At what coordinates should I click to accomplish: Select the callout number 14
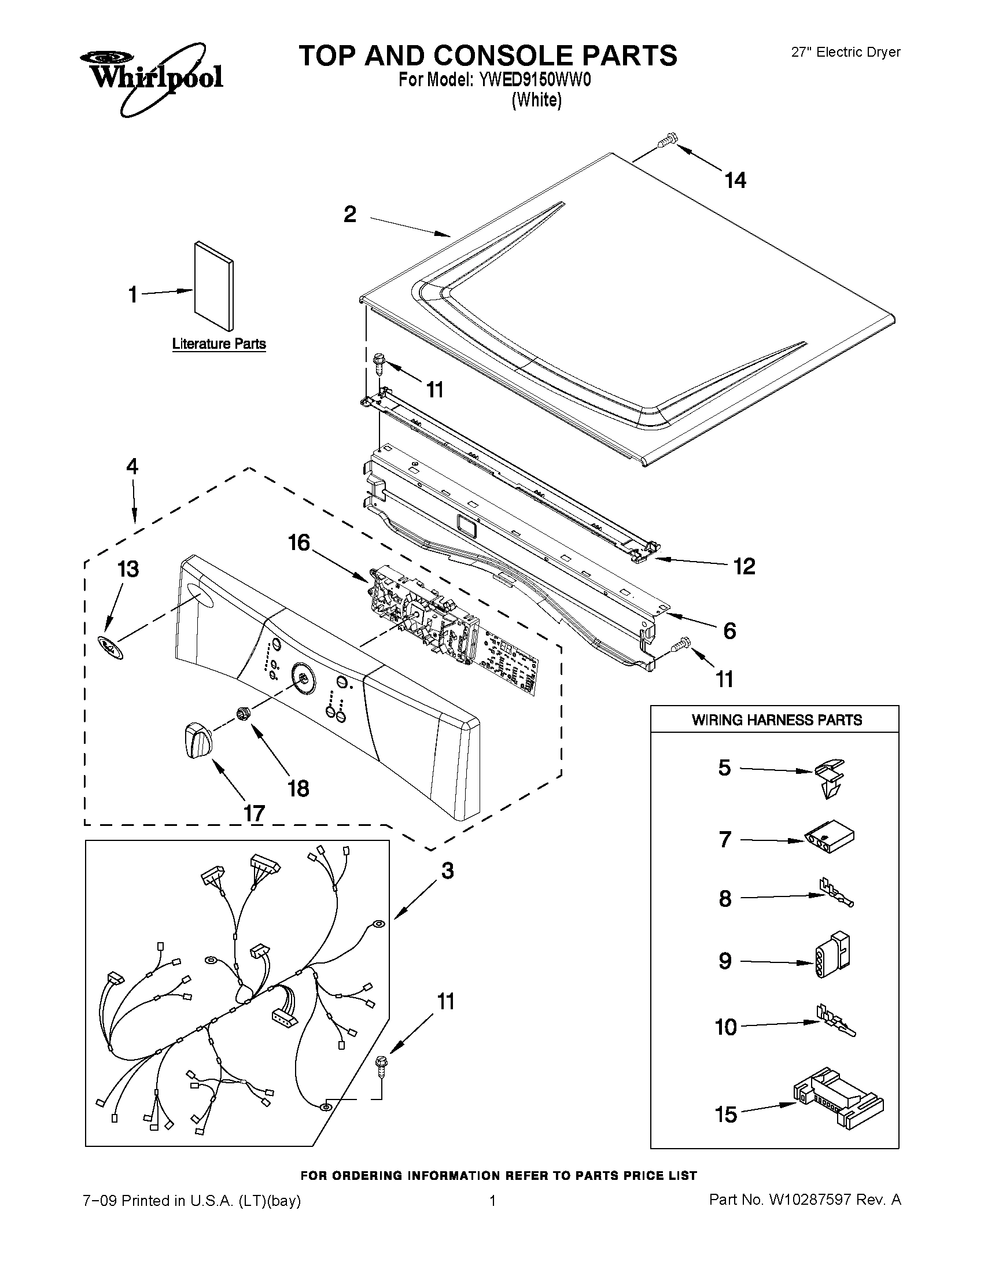point(735,180)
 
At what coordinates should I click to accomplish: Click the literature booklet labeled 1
point(214,285)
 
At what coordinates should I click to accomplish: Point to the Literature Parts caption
point(219,344)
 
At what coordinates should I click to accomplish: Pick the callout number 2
point(350,215)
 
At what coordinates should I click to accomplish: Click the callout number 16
point(299,543)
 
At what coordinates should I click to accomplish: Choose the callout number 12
point(745,566)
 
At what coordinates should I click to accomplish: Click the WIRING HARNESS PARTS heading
point(776,720)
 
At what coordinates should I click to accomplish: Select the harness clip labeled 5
point(830,777)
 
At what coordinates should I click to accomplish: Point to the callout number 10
point(726,1028)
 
